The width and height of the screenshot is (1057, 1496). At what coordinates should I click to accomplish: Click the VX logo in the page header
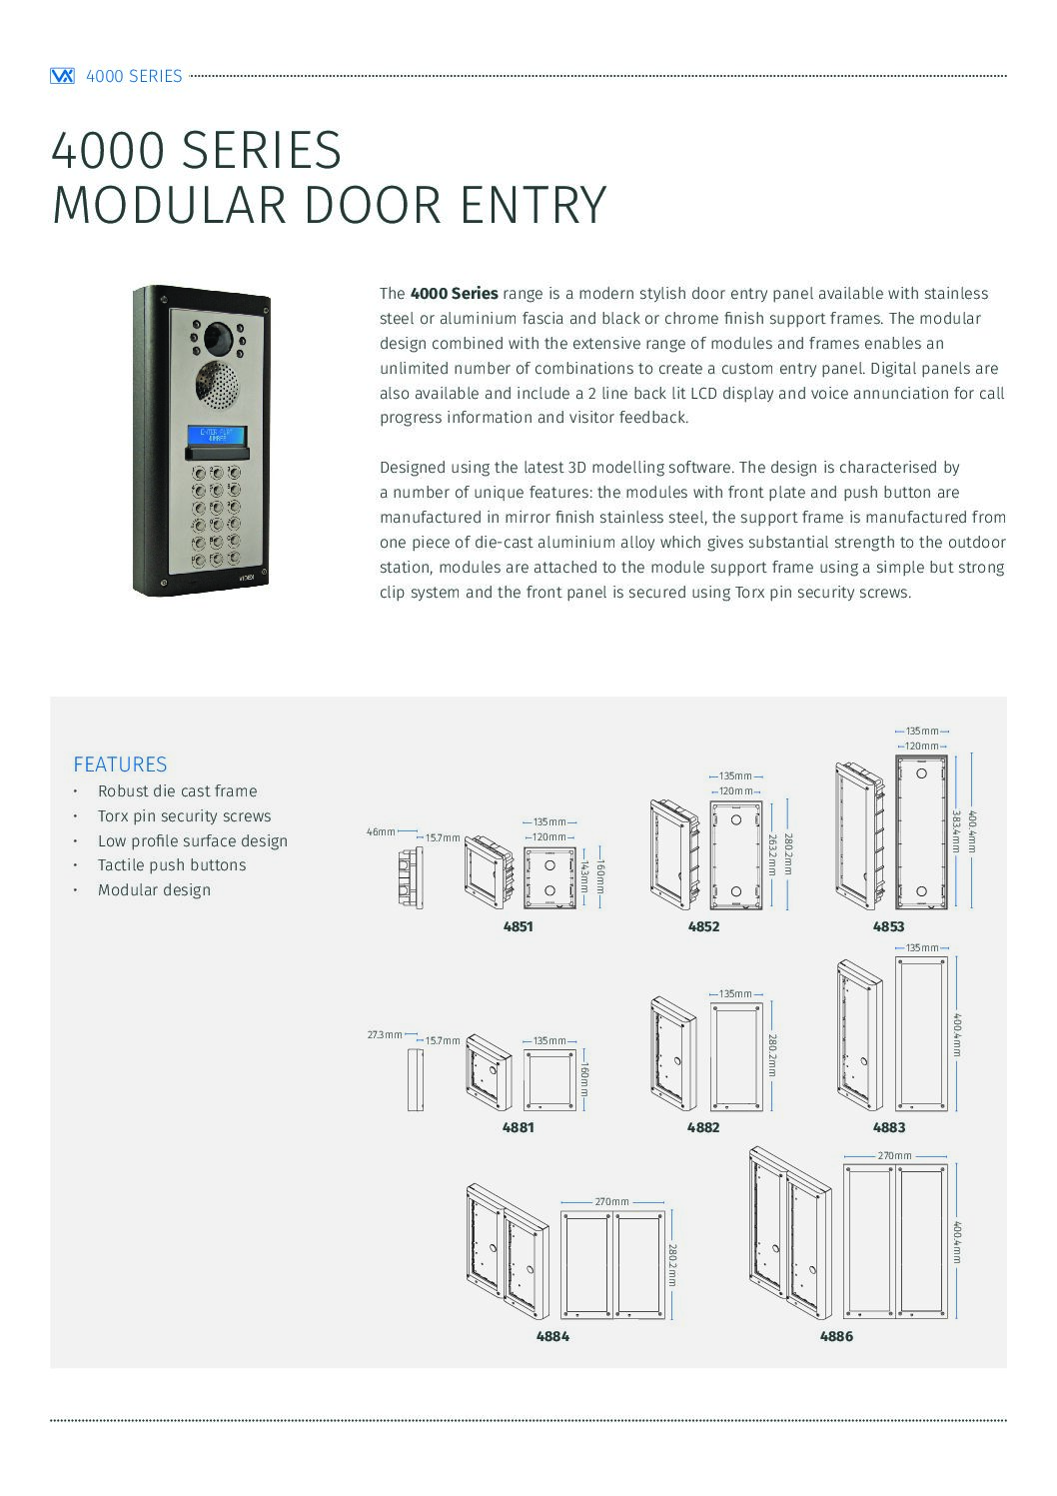point(62,76)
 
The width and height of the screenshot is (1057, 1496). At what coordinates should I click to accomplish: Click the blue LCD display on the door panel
point(217,436)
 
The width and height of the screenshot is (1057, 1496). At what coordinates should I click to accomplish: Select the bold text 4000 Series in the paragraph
point(454,294)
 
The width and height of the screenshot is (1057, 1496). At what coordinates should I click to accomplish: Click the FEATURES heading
point(120,764)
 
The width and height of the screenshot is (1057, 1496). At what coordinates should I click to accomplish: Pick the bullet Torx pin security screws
point(184,816)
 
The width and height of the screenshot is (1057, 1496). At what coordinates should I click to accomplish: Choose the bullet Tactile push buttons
point(171,865)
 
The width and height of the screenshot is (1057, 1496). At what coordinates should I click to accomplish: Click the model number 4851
point(518,926)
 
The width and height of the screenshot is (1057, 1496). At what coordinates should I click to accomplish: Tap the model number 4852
point(703,926)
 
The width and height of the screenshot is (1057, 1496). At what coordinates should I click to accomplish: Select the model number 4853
point(888,926)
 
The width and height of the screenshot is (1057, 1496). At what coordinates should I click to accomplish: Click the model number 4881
point(518,1127)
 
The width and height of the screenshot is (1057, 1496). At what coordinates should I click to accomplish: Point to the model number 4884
point(552,1336)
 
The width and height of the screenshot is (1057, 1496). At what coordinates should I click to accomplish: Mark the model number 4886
point(836,1336)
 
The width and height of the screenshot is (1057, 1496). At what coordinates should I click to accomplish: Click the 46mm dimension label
point(380,831)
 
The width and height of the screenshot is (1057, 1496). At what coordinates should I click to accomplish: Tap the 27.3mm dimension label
point(384,1035)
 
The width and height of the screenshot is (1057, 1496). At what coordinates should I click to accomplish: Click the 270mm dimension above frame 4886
point(894,1156)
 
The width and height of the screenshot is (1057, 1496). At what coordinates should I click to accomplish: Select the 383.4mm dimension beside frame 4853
point(956,831)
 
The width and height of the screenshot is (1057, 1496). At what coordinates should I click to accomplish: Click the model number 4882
point(703,1127)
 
